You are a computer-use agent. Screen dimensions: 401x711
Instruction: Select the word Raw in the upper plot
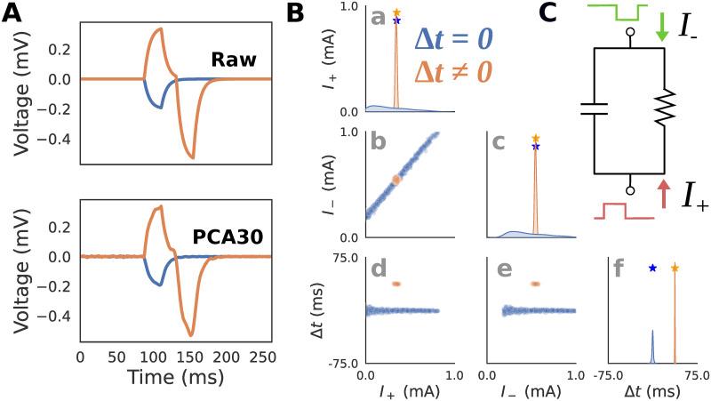(233, 60)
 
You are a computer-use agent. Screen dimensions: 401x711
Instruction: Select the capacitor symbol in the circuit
(593, 110)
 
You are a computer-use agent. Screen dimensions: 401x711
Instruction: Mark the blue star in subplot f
(652, 268)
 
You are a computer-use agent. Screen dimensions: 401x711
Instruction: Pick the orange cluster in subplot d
(396, 284)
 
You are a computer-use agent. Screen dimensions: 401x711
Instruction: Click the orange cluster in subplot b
(397, 179)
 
